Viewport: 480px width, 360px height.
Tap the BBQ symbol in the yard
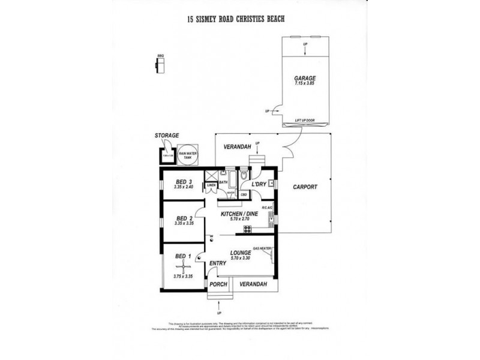point(160,64)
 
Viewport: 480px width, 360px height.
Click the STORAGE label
point(167,136)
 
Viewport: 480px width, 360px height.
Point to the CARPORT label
point(305,187)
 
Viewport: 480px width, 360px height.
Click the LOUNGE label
point(239,253)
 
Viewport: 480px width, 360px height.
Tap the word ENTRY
point(217,263)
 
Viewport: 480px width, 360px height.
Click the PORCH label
point(218,284)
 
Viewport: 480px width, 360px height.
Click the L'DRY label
point(259,183)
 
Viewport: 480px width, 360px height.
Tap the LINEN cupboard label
point(211,185)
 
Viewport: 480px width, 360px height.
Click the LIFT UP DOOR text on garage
point(305,119)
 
